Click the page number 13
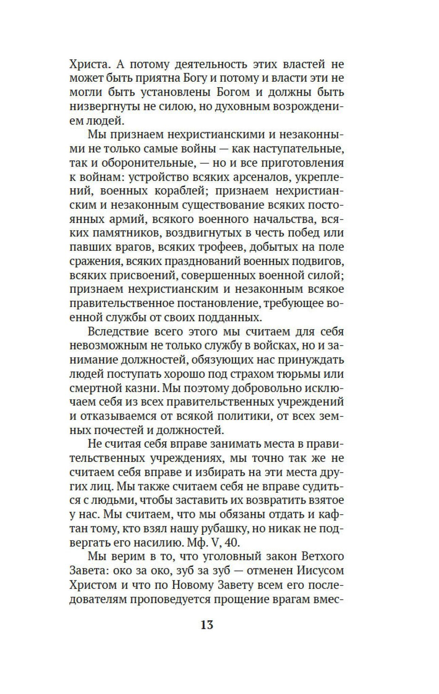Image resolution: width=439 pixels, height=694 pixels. (x=207, y=624)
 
